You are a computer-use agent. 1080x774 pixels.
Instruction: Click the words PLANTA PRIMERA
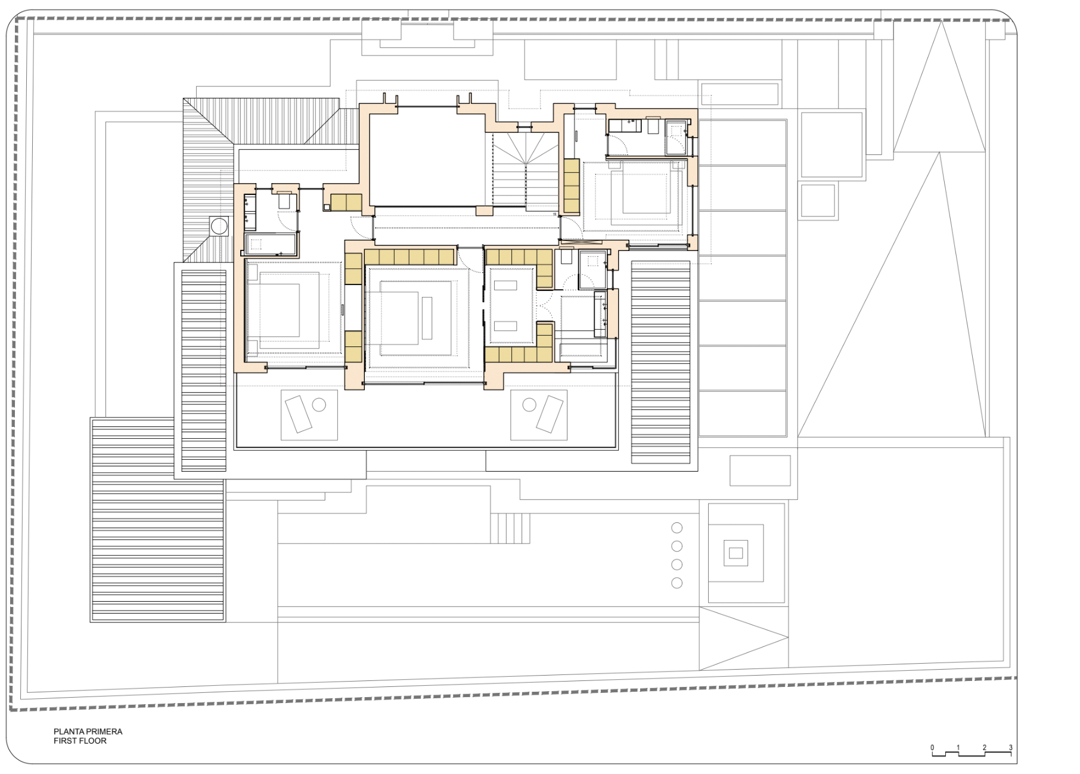click(88, 731)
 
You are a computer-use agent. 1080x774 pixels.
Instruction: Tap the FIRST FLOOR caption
click(80, 741)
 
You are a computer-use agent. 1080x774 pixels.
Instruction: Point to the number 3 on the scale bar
click(1011, 748)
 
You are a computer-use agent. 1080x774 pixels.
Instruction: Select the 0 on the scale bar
click(932, 748)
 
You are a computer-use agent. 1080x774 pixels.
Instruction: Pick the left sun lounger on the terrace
click(299, 414)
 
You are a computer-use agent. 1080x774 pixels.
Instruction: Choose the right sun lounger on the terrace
click(550, 411)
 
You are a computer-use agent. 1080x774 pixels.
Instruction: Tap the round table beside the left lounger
click(319, 404)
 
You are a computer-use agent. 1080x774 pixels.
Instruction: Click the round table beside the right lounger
click(529, 405)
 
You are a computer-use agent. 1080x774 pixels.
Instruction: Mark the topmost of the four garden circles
click(676, 528)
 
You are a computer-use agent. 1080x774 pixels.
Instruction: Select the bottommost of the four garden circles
click(676, 583)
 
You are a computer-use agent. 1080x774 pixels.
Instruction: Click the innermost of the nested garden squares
click(736, 553)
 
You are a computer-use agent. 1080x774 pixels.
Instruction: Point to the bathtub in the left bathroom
click(271, 244)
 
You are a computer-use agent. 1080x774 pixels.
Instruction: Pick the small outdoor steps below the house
click(510, 528)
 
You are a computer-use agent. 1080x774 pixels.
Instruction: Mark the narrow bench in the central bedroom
click(427, 318)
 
